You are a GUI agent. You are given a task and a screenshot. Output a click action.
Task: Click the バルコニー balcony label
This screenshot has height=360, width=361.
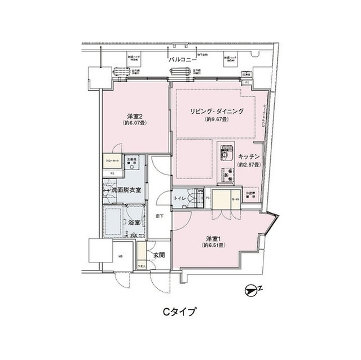click(182, 59)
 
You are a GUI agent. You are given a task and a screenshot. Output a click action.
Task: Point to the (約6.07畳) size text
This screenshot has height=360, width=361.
click(134, 121)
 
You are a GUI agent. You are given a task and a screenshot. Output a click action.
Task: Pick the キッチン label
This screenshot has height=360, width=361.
click(248, 156)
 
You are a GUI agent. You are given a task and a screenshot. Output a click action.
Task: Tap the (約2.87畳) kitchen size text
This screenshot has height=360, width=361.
click(248, 165)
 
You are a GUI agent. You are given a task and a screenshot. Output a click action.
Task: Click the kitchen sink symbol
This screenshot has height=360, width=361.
click(226, 152)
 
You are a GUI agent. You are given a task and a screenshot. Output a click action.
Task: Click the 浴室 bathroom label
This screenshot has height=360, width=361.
click(134, 223)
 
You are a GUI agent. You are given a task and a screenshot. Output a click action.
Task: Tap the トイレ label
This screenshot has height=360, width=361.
click(180, 198)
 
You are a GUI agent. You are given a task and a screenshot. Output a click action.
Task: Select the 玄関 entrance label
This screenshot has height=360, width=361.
click(158, 255)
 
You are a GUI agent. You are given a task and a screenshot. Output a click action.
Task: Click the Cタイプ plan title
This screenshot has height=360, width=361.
click(180, 311)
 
